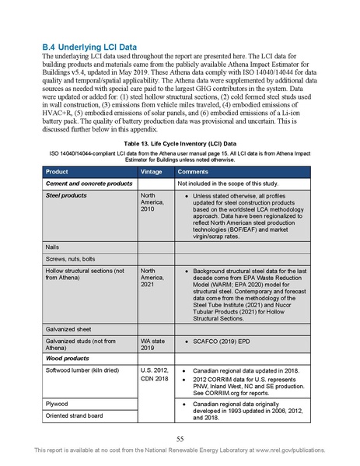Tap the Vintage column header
click(152, 171)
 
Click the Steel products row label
click(66, 195)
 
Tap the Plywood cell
click(59, 404)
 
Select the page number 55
click(180, 438)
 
